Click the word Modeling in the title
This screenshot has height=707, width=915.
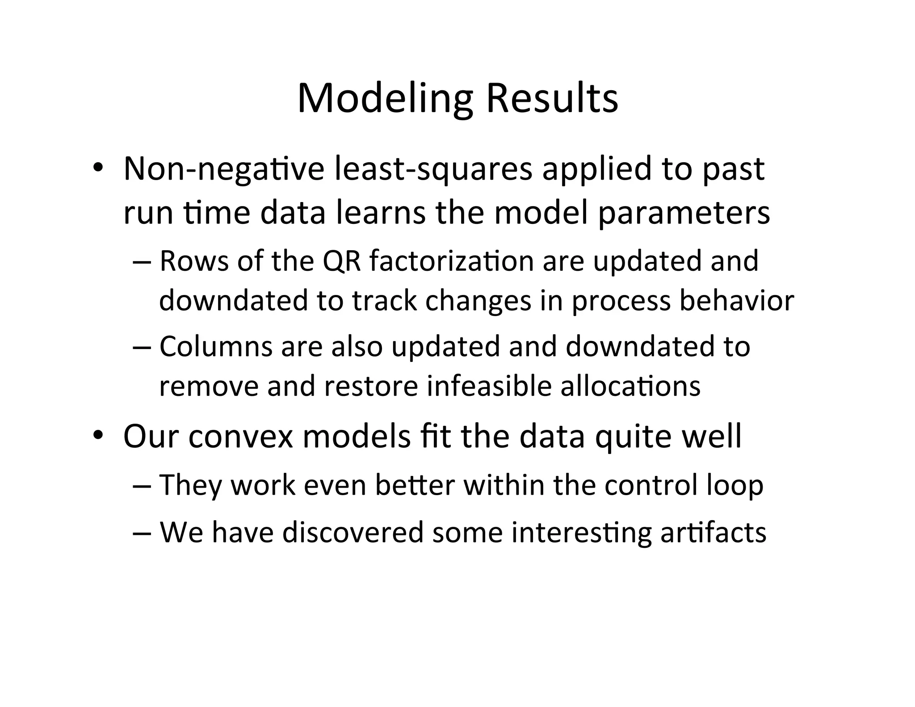tap(384, 99)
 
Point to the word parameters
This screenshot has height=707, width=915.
tap(684, 214)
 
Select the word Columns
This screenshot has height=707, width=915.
tap(216, 346)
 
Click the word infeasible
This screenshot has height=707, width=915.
tap(489, 386)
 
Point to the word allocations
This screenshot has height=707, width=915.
tap(630, 386)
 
